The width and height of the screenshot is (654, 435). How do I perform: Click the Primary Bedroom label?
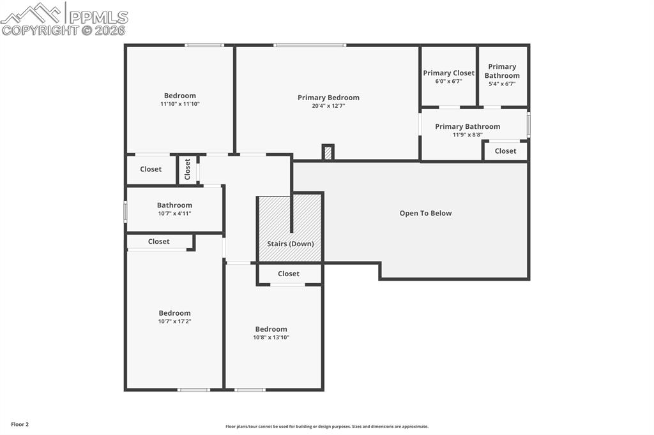328,98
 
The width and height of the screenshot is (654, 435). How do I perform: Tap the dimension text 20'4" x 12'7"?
328,106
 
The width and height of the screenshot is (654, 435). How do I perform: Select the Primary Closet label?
448,73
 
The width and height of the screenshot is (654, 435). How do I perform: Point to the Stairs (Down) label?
290,244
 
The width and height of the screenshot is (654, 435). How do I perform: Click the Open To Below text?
425,213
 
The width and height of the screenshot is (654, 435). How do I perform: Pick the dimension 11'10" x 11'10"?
179,104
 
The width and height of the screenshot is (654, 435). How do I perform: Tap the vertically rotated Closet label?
187,169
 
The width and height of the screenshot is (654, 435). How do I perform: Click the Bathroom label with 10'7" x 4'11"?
174,205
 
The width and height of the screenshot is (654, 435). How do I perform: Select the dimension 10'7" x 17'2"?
174,321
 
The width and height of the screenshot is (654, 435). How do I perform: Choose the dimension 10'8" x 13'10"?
271,337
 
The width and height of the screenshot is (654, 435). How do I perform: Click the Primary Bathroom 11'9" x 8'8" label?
468,126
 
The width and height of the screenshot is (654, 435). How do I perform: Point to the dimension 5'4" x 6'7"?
502,84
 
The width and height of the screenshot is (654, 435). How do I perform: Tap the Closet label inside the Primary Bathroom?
505,151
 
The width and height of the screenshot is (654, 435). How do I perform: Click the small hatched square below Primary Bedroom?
328,153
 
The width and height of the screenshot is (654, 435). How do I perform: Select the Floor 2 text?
20,424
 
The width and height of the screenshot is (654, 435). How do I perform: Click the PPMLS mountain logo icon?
32,13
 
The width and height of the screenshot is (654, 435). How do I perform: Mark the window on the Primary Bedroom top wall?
310,45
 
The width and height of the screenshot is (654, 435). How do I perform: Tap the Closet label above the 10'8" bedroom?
288,274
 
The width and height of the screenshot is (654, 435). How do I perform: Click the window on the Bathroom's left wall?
125,212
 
